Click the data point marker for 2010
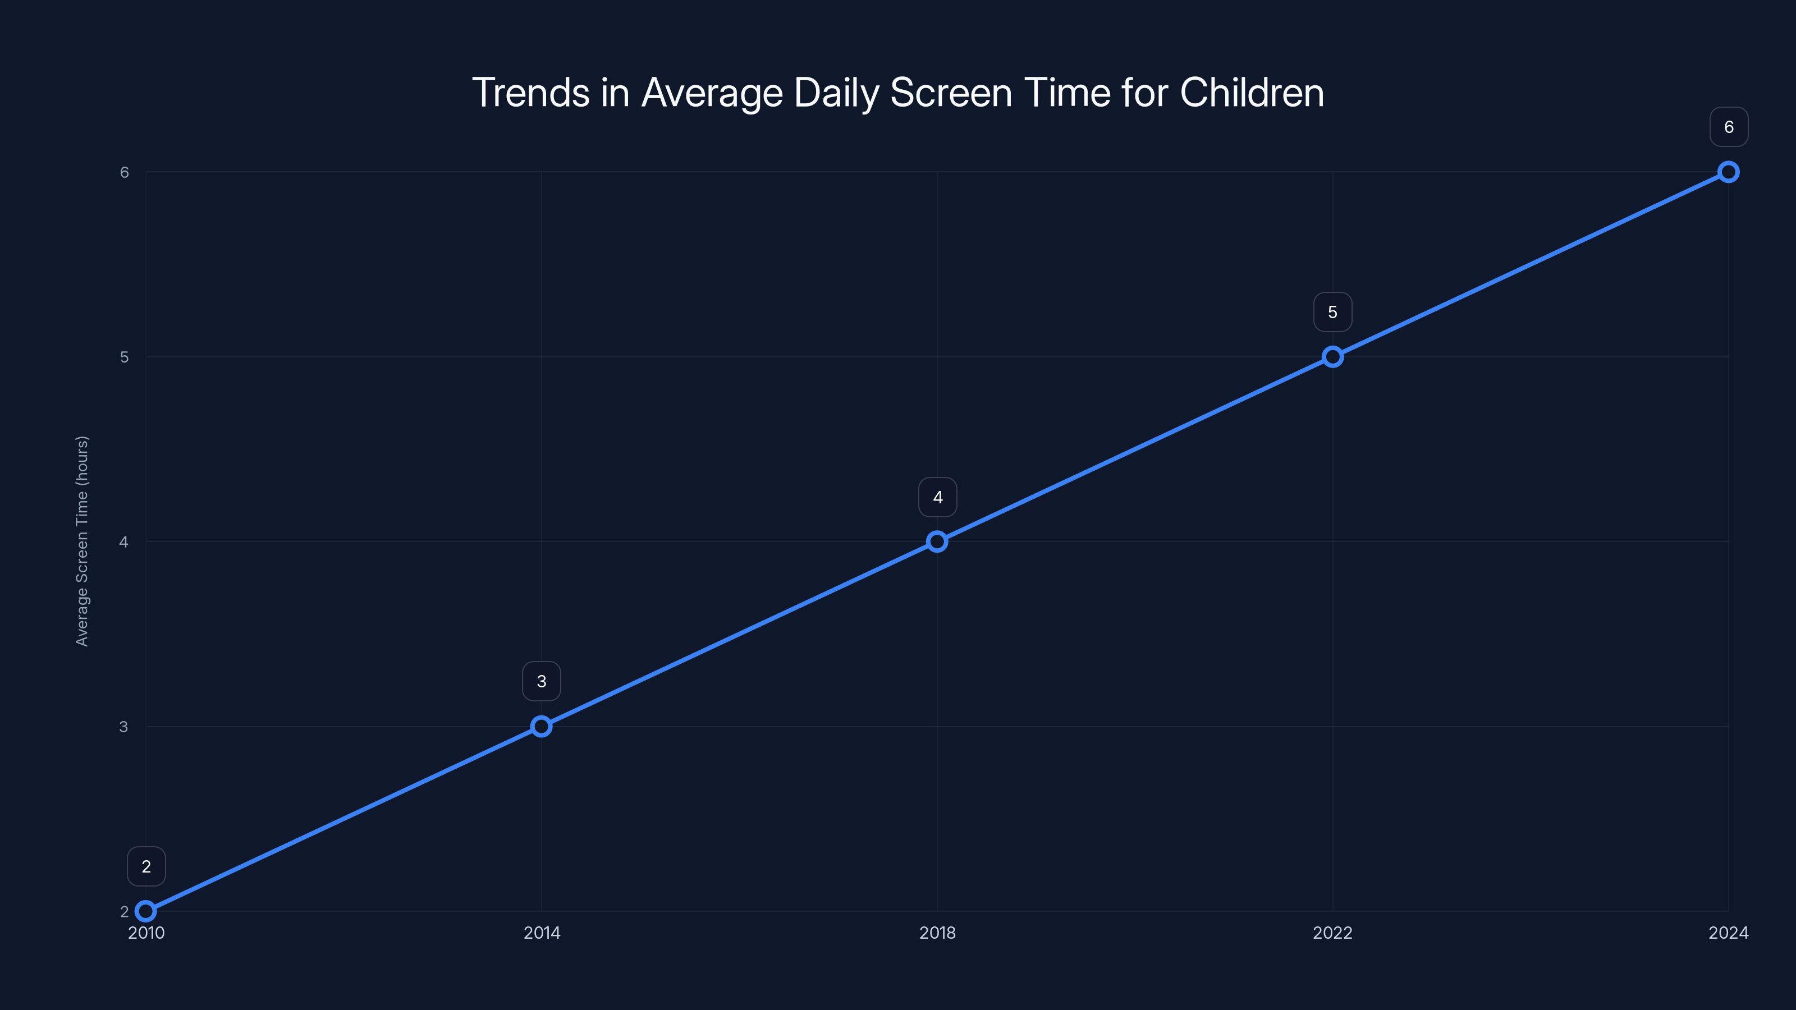click(146, 911)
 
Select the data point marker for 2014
click(541, 726)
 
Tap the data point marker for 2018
click(937, 541)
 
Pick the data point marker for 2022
click(1332, 357)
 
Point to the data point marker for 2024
click(1729, 172)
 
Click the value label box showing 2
click(146, 866)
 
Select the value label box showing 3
click(542, 681)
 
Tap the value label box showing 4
click(938, 497)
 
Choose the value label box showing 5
click(1333, 313)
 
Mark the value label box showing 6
click(1729, 127)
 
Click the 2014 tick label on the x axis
click(542, 933)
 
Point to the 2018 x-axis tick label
click(937, 933)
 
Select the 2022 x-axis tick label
click(1332, 933)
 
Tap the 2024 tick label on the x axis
click(1729, 933)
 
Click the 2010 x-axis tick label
click(146, 933)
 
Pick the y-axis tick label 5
click(124, 357)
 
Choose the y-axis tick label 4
click(124, 541)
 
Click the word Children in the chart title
click(1252, 93)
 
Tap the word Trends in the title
click(530, 93)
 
